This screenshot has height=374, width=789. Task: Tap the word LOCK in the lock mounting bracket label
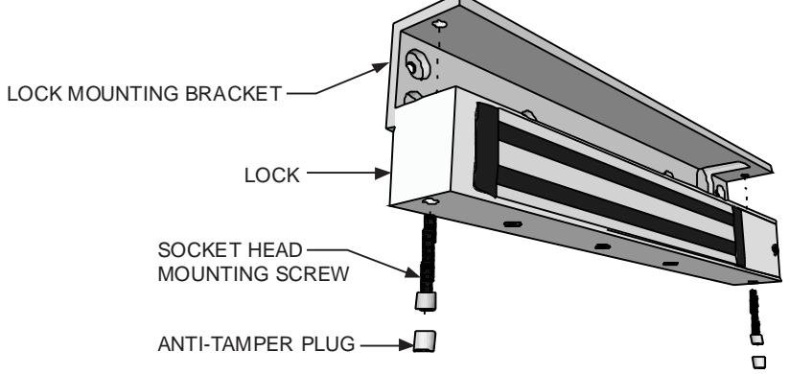(x=35, y=94)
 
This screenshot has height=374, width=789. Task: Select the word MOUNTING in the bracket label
(x=124, y=94)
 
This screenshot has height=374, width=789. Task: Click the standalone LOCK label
(x=271, y=175)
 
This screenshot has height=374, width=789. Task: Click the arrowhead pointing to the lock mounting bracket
(x=381, y=67)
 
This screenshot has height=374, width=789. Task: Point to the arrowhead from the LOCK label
(x=383, y=174)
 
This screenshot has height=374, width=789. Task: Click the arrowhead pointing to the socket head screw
(x=412, y=272)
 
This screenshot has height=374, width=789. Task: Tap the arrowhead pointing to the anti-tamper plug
(x=406, y=345)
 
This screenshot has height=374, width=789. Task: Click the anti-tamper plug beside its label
(x=425, y=340)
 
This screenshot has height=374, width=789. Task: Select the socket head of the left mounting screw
(x=426, y=301)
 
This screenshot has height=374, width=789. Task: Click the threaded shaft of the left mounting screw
(x=428, y=252)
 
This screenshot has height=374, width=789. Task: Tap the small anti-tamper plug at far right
(x=759, y=362)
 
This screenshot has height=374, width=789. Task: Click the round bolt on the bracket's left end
(x=418, y=65)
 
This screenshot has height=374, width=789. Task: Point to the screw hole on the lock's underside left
(x=430, y=201)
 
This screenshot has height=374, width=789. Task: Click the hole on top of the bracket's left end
(x=439, y=24)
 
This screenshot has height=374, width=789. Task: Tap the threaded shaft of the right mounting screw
(x=754, y=311)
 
